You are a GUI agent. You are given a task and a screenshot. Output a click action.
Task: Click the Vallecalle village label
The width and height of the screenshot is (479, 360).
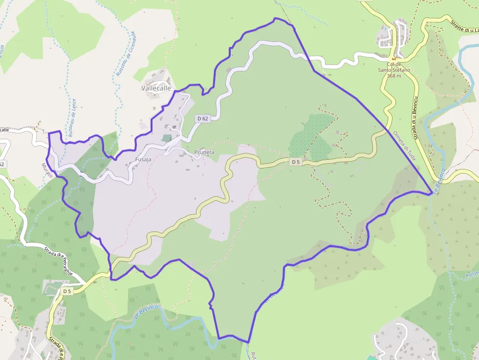(156, 88)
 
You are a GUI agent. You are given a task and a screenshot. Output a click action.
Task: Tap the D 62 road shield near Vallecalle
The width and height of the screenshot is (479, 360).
(203, 119)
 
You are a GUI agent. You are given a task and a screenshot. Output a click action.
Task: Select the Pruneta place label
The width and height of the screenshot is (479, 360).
(204, 152)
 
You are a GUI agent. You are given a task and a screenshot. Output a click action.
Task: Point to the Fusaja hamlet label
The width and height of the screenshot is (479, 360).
(143, 160)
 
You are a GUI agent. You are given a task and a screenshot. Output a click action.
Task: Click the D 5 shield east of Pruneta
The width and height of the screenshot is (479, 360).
(295, 162)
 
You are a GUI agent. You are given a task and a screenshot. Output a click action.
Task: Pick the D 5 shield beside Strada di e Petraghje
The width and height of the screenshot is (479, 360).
(67, 292)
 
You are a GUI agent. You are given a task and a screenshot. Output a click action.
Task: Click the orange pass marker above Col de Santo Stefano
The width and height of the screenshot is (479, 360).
(393, 58)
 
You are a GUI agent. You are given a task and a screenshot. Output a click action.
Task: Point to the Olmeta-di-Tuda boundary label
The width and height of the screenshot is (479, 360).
(405, 147)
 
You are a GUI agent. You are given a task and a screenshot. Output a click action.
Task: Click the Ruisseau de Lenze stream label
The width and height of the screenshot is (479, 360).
(73, 117)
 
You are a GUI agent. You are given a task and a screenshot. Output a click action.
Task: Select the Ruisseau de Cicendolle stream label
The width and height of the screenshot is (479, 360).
(125, 54)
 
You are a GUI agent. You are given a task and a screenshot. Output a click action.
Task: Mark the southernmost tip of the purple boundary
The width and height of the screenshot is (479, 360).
(248, 342)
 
